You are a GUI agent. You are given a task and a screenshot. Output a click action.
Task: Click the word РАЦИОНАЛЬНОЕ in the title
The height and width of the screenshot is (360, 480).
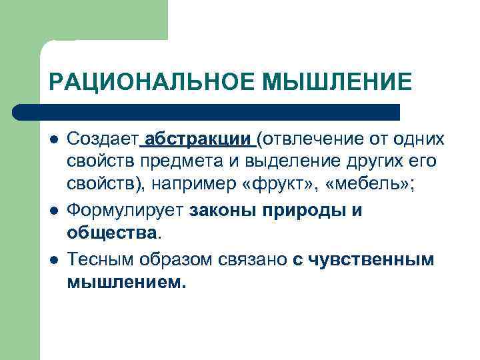pos(152,82)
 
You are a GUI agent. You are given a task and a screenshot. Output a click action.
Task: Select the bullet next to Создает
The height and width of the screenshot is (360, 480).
pos(53,140)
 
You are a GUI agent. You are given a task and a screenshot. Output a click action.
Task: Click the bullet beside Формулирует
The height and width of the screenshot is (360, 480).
pos(53,211)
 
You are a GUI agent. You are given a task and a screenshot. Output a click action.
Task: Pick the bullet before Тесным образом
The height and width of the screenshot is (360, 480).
pos(53,259)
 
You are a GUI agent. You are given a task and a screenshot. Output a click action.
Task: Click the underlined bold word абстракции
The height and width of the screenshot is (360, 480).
pos(198,139)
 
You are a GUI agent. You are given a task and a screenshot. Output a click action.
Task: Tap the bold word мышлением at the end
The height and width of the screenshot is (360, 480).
pos(125,283)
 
